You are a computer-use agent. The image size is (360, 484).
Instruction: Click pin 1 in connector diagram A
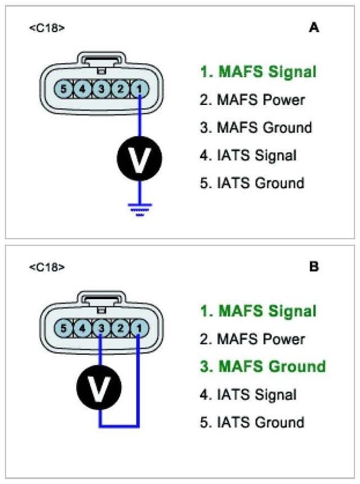pos(139,88)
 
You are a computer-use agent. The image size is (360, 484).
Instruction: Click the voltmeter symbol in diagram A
pos(139,158)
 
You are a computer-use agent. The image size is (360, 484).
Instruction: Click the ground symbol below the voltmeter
pos(139,209)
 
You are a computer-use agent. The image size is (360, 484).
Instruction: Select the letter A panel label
pos(314,27)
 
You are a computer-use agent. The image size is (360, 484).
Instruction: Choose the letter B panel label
pos(314,267)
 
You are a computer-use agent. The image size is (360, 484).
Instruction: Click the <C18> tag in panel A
pos(47,27)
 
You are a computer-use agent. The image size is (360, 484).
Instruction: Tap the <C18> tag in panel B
pos(47,267)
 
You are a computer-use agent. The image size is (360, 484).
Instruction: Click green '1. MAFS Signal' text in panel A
pos(258,72)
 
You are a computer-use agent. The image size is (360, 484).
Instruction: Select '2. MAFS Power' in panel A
pos(252,100)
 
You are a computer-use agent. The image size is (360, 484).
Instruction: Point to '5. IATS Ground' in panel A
pos(252,183)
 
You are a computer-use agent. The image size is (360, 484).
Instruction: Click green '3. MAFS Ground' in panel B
pos(263,366)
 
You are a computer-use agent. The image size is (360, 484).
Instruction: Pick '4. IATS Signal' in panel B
pos(248,395)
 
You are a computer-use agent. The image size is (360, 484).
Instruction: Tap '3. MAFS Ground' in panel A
pos(256,128)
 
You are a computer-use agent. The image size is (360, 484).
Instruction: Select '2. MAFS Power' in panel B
pos(252,339)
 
